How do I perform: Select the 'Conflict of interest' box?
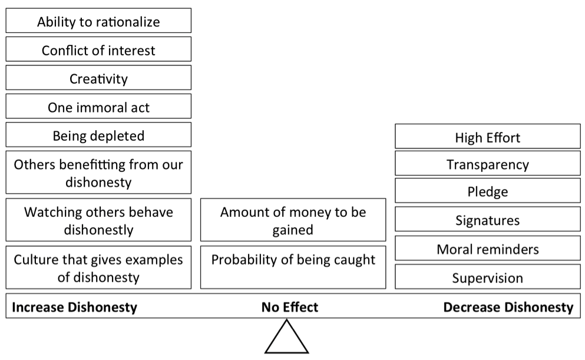pyautogui.click(x=98, y=49)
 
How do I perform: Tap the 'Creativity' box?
pyautogui.click(x=98, y=78)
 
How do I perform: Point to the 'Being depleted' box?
pyautogui.click(x=98, y=135)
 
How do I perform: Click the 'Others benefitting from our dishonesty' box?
pyautogui.click(x=98, y=173)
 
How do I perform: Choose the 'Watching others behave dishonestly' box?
pyautogui.click(x=98, y=220)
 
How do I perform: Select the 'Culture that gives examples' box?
pyautogui.click(x=98, y=267)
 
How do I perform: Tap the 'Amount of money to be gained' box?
pyautogui.click(x=293, y=220)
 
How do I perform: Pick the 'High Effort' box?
pyautogui.click(x=487, y=137)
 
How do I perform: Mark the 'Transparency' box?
pyautogui.click(x=487, y=164)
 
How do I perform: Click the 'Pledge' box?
pyautogui.click(x=487, y=191)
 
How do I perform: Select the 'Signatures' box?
pyautogui.click(x=487, y=219)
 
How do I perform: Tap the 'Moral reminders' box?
pyautogui.click(x=487, y=248)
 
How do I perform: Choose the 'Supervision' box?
pyautogui.click(x=487, y=277)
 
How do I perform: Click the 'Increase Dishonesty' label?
pyautogui.click(x=75, y=307)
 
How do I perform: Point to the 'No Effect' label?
pyautogui.click(x=290, y=307)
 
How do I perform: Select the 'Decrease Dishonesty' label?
pyautogui.click(x=508, y=307)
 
